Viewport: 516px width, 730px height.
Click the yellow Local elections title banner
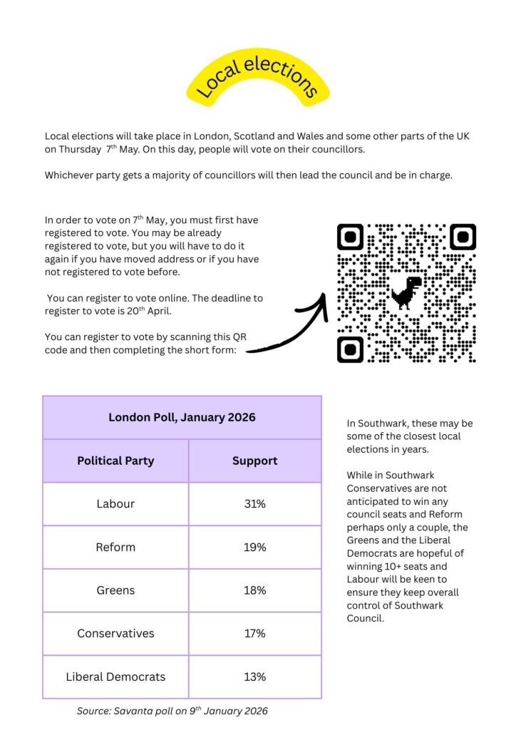pyautogui.click(x=258, y=78)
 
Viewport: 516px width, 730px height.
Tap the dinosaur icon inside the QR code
pyautogui.click(x=406, y=291)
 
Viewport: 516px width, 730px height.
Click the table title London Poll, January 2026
pyautogui.click(x=182, y=417)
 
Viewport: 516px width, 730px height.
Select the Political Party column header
pyautogui.click(x=115, y=461)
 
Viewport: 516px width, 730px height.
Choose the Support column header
pyautogui.click(x=254, y=461)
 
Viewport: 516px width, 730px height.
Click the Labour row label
pyautogui.click(x=115, y=504)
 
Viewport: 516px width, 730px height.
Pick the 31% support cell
pyautogui.click(x=254, y=504)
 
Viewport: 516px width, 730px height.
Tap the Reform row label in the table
pyautogui.click(x=115, y=547)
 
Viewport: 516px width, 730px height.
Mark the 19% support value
pyautogui.click(x=254, y=547)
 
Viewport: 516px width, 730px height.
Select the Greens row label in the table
pyautogui.click(x=115, y=590)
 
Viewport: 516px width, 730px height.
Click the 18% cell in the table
pyautogui.click(x=254, y=590)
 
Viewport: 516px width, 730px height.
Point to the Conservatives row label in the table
pyautogui.click(x=115, y=633)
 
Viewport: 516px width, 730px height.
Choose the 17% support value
pyautogui.click(x=254, y=633)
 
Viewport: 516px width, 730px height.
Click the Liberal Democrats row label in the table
pyautogui.click(x=115, y=677)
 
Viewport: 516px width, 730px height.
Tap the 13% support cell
pyautogui.click(x=254, y=677)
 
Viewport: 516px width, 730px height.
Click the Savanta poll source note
pyautogui.click(x=172, y=711)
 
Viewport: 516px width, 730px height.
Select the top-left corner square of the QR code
pyautogui.click(x=350, y=237)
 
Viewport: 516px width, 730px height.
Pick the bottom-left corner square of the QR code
pyautogui.click(x=350, y=349)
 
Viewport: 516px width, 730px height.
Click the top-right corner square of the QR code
pyautogui.click(x=463, y=237)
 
